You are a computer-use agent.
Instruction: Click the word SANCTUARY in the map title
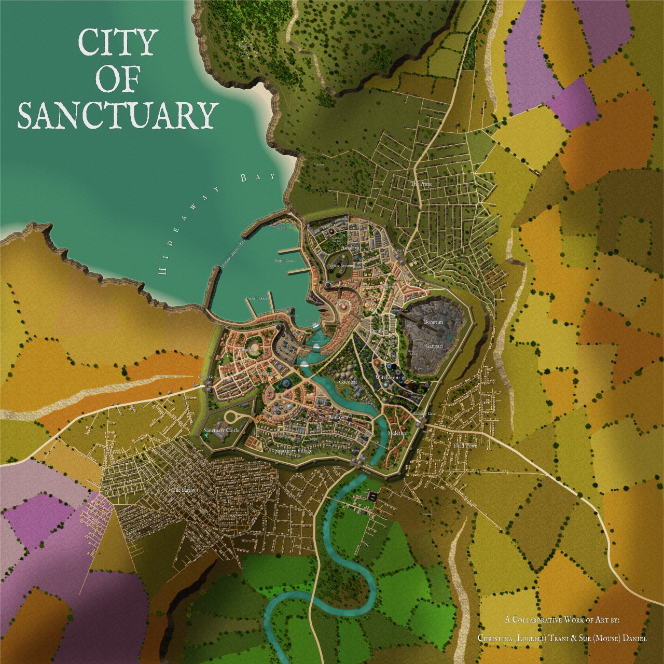point(117,115)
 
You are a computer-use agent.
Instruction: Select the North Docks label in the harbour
point(284,261)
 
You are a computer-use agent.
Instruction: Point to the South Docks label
point(258,298)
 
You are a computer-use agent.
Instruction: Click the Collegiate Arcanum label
point(340,265)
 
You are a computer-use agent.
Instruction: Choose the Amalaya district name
point(350,248)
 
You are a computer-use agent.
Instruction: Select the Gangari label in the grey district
point(434,345)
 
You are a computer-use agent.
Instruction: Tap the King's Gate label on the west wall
point(205,377)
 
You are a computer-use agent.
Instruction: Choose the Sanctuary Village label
point(294,451)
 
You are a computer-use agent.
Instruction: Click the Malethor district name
point(398,433)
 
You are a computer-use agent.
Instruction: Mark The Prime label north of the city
point(421,184)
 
